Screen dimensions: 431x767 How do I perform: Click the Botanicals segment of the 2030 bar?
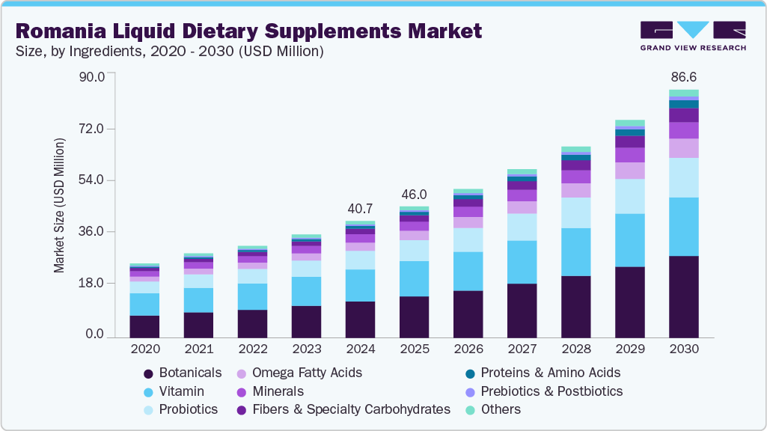click(x=683, y=297)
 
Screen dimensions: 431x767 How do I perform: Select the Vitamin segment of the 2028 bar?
click(x=575, y=252)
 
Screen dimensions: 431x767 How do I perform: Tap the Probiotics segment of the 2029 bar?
click(x=629, y=196)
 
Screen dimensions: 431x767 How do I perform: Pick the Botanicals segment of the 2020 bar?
click(x=144, y=326)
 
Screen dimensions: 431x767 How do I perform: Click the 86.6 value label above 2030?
click(x=683, y=77)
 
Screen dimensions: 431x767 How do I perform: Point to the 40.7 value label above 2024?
click(x=360, y=208)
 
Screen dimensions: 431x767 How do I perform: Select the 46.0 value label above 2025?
click(x=414, y=193)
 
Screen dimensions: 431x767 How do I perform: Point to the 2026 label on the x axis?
click(x=468, y=349)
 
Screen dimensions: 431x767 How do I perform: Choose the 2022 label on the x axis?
click(x=252, y=349)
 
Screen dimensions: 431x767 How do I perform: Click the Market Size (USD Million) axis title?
click(x=59, y=206)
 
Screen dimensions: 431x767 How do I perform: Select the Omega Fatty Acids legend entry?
click(x=307, y=373)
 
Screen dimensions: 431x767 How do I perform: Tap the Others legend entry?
click(x=501, y=409)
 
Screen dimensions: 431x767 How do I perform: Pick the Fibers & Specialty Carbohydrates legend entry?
click(x=351, y=409)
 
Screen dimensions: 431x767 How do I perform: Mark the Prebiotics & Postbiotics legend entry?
click(x=551, y=391)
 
